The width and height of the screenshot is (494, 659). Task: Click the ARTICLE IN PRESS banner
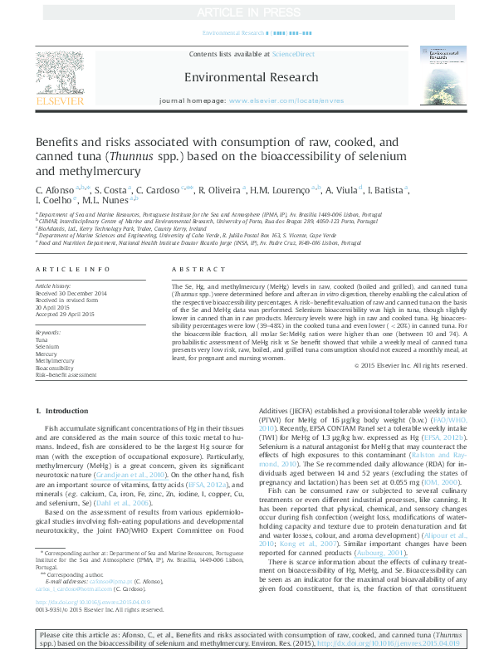pos(247,13)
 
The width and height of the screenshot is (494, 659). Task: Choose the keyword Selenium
pos(48,347)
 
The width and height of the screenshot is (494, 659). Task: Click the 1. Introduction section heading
pos(69,412)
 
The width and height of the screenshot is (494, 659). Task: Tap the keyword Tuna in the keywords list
pos(42,340)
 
